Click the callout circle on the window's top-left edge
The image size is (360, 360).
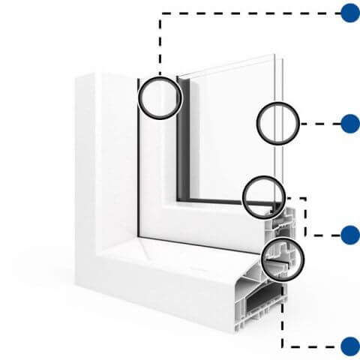click(x=160, y=97)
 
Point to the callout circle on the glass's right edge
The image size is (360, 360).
click(x=277, y=124)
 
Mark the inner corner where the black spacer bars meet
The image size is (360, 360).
click(x=180, y=199)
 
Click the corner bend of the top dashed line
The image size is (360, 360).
click(x=160, y=13)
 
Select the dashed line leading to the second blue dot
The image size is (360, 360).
click(x=319, y=124)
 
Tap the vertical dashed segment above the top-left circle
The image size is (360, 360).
click(x=160, y=45)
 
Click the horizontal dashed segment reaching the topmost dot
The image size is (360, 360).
click(x=247, y=13)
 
